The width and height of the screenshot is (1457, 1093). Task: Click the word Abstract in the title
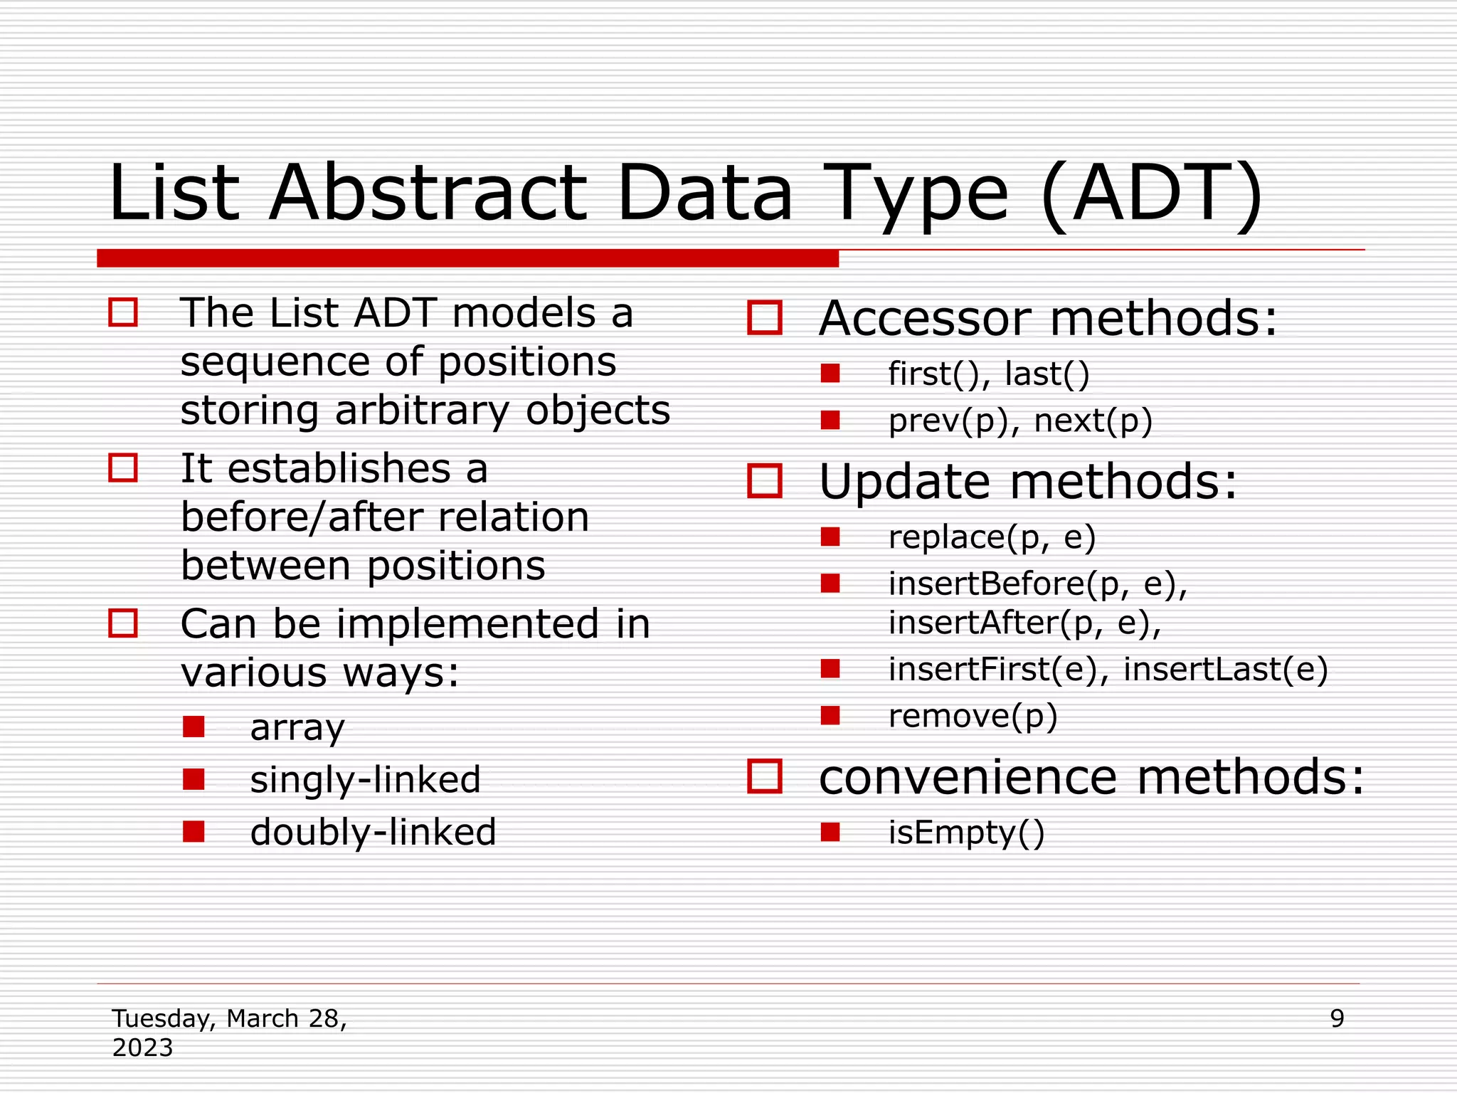click(x=428, y=194)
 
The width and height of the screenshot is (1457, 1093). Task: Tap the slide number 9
click(x=1337, y=1018)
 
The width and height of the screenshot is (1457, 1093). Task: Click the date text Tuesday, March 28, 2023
click(x=229, y=1032)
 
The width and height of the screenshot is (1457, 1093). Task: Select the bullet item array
click(x=297, y=727)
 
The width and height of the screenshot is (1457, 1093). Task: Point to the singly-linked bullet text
click(x=365, y=779)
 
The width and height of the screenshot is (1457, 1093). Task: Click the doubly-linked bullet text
click(x=373, y=832)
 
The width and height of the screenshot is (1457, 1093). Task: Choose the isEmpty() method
click(x=966, y=832)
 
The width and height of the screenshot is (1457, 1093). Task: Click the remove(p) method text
click(x=973, y=715)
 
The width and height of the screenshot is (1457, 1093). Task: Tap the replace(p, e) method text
click(x=992, y=537)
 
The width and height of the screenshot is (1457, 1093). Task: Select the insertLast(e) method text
click(x=1225, y=669)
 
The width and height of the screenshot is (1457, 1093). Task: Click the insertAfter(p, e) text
click(x=1024, y=623)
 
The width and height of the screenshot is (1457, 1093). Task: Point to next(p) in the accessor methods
click(x=1093, y=421)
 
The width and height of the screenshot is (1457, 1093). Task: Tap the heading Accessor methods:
click(x=1048, y=318)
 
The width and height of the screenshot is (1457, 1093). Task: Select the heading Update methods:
click(x=1028, y=482)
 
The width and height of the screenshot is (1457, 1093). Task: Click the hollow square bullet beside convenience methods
click(x=765, y=776)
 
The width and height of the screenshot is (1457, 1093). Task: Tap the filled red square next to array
click(x=194, y=727)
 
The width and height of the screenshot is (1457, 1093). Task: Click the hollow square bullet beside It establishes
click(x=123, y=468)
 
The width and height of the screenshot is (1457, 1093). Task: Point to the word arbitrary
click(x=423, y=411)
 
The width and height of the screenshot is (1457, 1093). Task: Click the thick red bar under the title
click(x=467, y=258)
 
